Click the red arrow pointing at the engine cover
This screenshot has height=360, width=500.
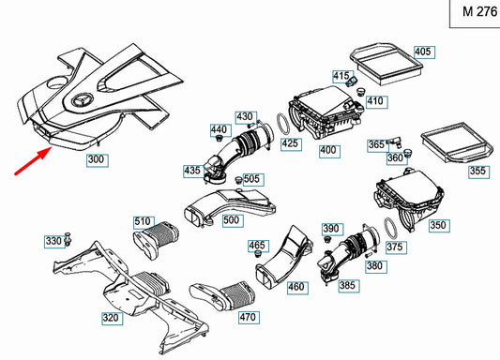(x=34, y=161)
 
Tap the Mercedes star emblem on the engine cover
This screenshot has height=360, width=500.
(x=82, y=101)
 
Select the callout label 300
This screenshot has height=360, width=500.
(x=98, y=160)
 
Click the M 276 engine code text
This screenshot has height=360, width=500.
(x=479, y=12)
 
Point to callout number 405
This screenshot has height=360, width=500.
(x=424, y=52)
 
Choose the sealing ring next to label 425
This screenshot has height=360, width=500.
(x=283, y=125)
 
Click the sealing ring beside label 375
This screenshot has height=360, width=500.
(x=390, y=228)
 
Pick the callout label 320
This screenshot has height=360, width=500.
(x=113, y=318)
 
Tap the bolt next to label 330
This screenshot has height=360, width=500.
(x=68, y=239)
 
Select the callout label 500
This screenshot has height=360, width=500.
(x=233, y=220)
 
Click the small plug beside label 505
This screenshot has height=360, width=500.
(x=238, y=180)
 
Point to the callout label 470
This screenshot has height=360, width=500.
(x=249, y=317)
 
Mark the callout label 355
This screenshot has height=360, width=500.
(x=478, y=172)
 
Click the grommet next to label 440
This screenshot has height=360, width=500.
(x=219, y=139)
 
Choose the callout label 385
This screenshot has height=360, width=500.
(x=349, y=286)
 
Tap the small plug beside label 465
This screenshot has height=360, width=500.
(x=258, y=254)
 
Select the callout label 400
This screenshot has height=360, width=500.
(x=329, y=151)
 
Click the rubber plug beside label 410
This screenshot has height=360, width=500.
(x=360, y=92)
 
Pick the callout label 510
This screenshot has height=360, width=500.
(x=144, y=222)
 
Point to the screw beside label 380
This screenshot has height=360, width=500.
(x=370, y=255)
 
